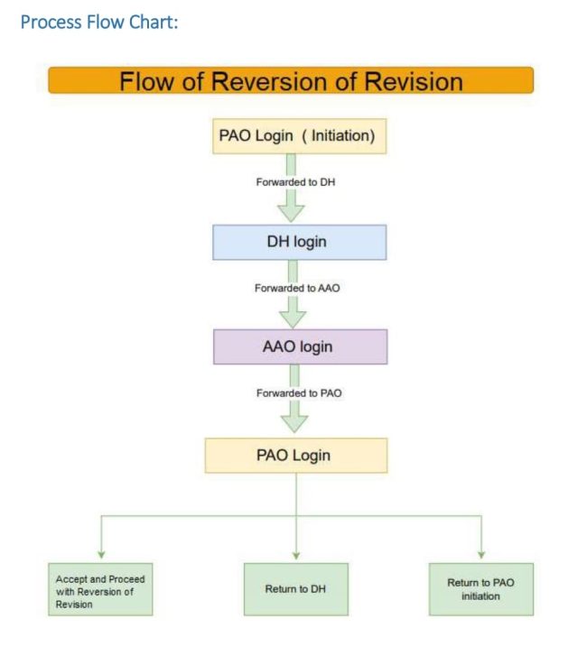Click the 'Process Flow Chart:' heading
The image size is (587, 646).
click(99, 21)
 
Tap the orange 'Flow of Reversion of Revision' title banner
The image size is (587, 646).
click(291, 80)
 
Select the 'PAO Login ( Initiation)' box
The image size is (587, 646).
click(297, 136)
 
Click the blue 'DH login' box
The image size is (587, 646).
click(299, 242)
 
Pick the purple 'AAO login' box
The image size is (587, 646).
click(299, 346)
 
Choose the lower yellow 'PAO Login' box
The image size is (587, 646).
click(295, 455)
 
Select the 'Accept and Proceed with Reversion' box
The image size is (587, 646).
click(100, 590)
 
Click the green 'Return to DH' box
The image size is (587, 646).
click(295, 589)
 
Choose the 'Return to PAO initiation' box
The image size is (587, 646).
click(480, 589)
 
